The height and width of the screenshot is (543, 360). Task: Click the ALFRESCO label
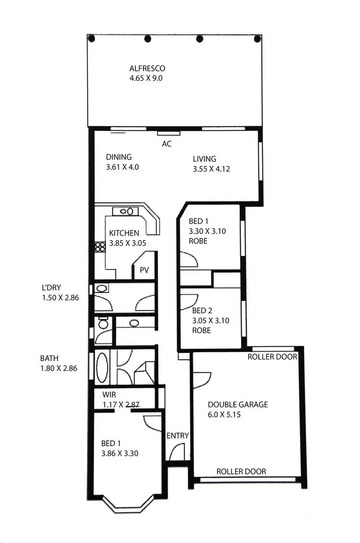(147, 69)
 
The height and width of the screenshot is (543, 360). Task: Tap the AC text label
(167, 143)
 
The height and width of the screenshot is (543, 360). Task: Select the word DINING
(119, 157)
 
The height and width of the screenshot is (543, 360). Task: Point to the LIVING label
(204, 159)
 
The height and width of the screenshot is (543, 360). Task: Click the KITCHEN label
(124, 233)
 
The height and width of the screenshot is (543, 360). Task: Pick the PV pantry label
(144, 270)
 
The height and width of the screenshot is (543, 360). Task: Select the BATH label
(49, 358)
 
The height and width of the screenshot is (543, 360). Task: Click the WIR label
(110, 395)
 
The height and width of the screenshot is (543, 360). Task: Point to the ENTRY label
(178, 436)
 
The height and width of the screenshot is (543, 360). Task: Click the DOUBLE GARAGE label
(238, 404)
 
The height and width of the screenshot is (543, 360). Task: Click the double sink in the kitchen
(126, 211)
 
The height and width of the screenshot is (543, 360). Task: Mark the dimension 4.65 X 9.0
(146, 78)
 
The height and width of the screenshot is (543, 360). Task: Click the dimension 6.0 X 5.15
(224, 414)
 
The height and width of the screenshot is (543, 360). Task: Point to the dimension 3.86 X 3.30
(120, 453)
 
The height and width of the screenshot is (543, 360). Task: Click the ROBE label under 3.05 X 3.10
(201, 331)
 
